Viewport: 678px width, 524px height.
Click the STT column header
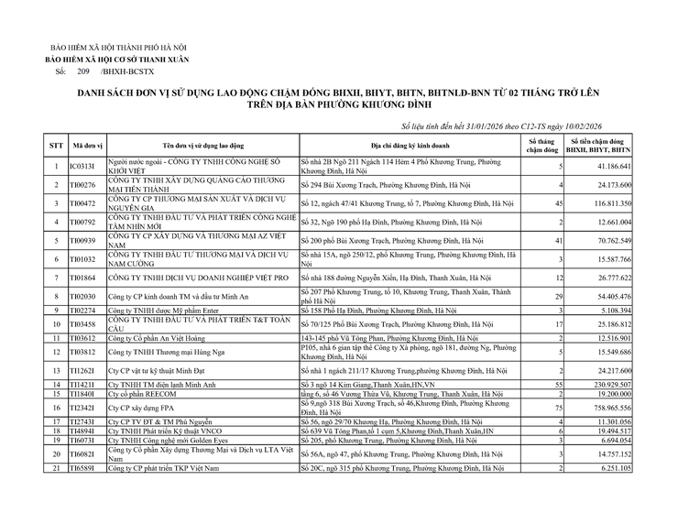click(x=55, y=146)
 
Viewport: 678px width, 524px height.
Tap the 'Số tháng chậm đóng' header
click(x=541, y=146)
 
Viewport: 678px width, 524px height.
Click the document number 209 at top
click(x=82, y=70)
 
